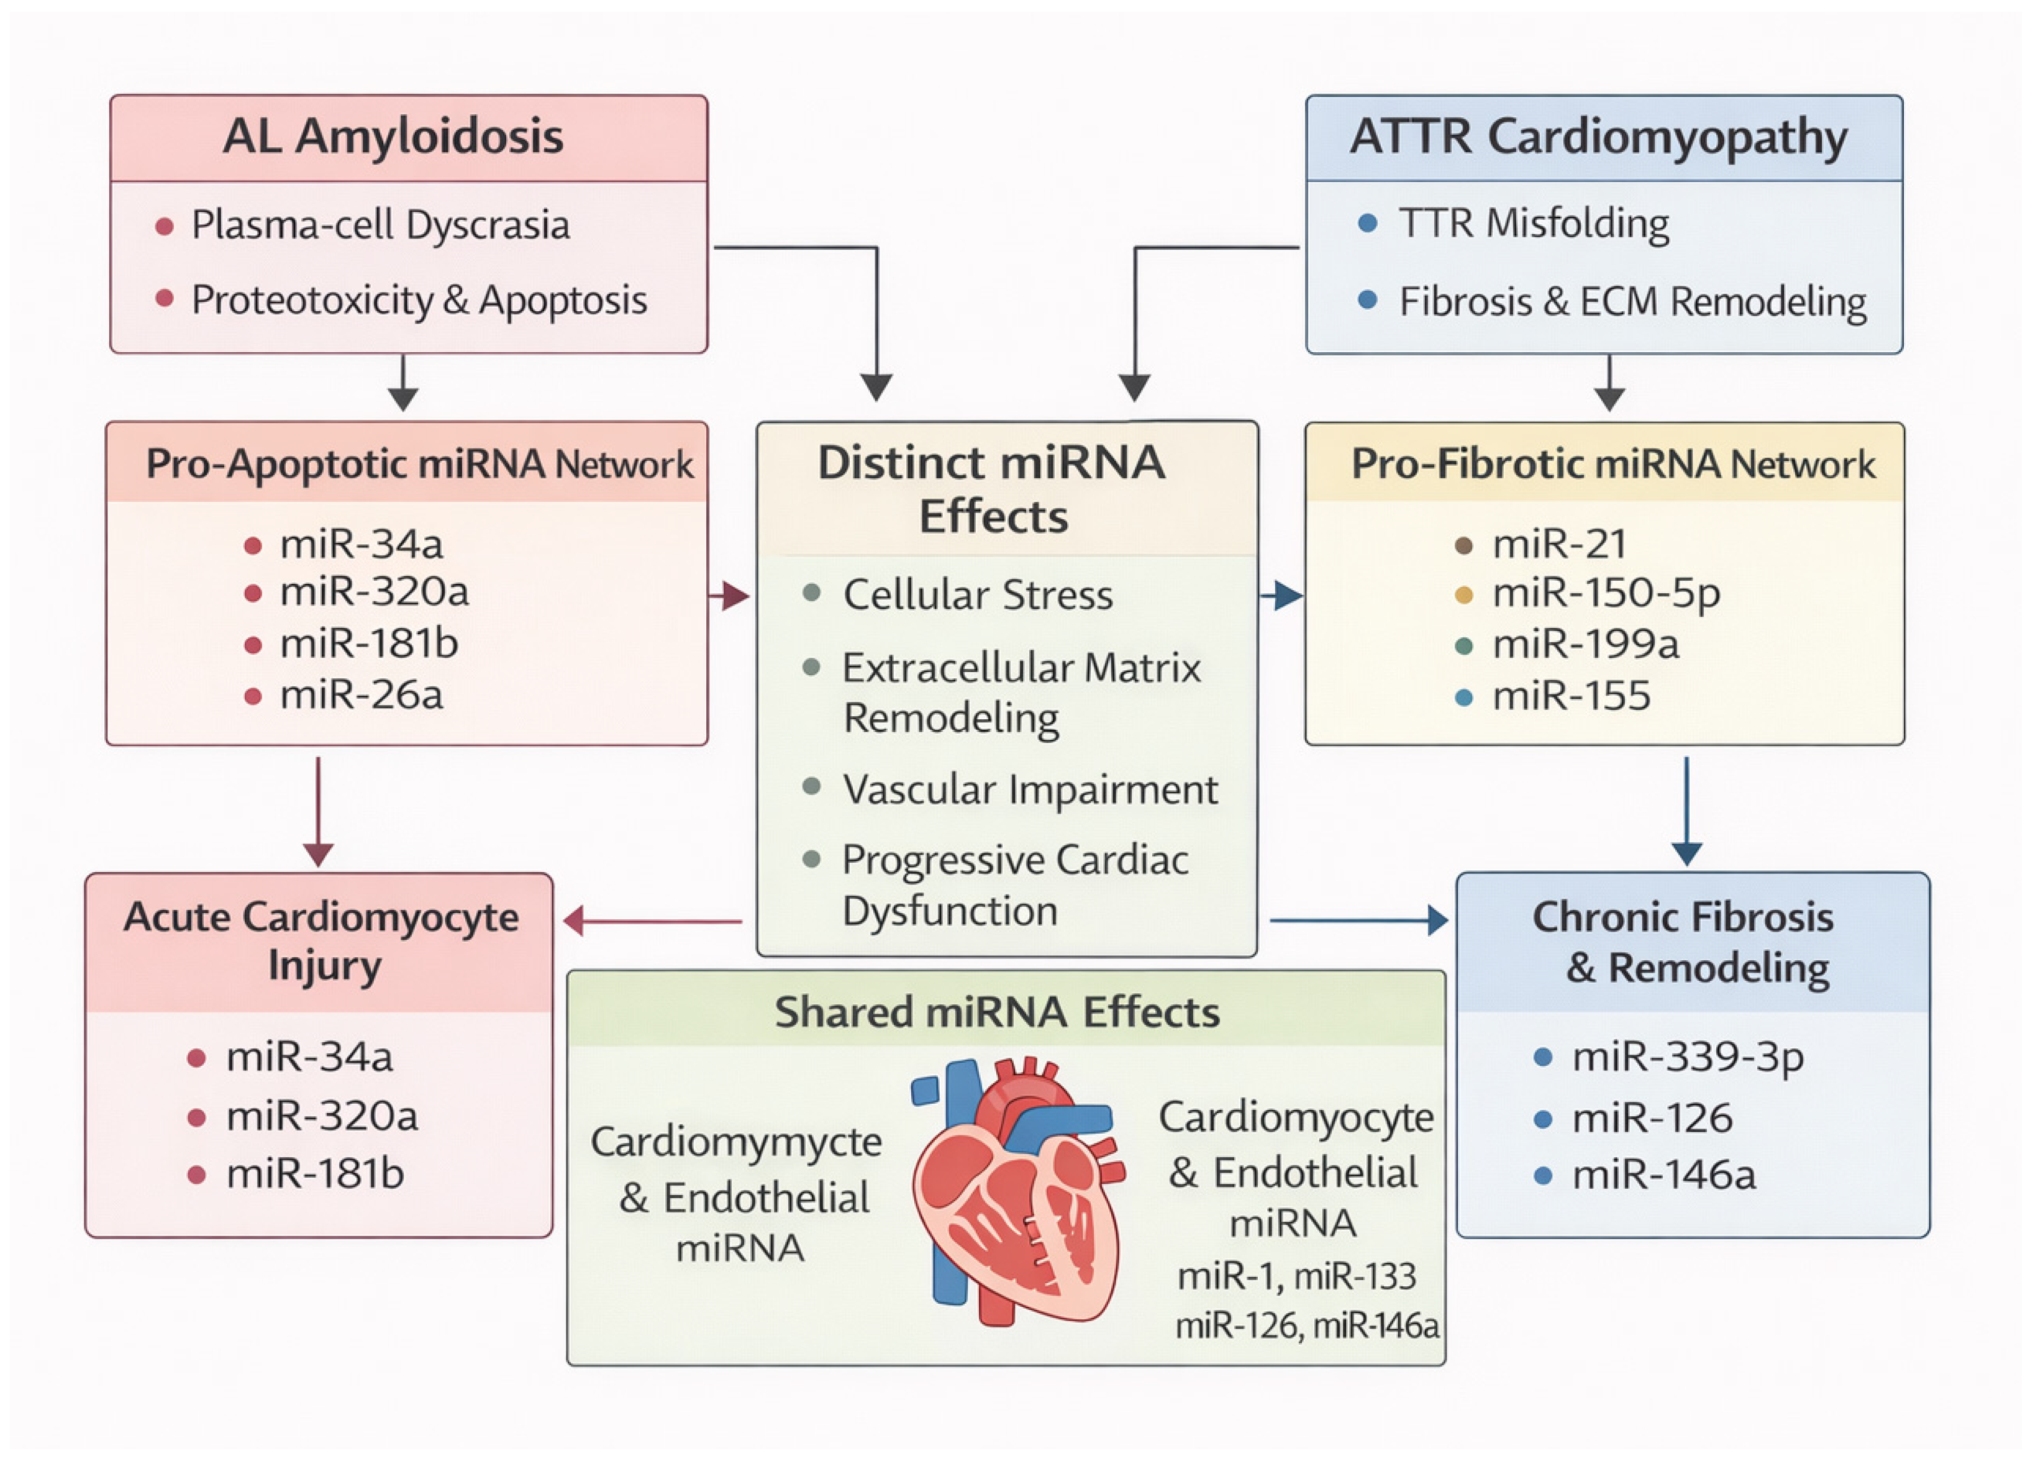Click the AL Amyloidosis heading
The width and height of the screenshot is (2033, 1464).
tap(393, 137)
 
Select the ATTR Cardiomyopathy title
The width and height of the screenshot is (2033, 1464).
tap(1598, 137)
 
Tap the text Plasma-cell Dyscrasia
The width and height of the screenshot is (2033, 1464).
tap(380, 225)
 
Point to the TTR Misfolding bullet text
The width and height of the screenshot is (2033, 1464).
tap(1534, 223)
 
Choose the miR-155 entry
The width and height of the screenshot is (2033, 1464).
tap(1570, 696)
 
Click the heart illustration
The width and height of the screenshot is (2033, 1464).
tap(1017, 1193)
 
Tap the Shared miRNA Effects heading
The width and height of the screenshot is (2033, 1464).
tap(997, 1012)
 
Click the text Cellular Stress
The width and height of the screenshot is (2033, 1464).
tap(978, 594)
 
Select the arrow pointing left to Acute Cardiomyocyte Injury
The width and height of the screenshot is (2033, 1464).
tap(653, 921)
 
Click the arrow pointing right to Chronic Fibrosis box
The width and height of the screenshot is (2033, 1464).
tap(1358, 921)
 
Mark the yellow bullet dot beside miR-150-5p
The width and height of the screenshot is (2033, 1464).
tap(1463, 594)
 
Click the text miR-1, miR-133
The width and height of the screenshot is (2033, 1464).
tap(1296, 1276)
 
